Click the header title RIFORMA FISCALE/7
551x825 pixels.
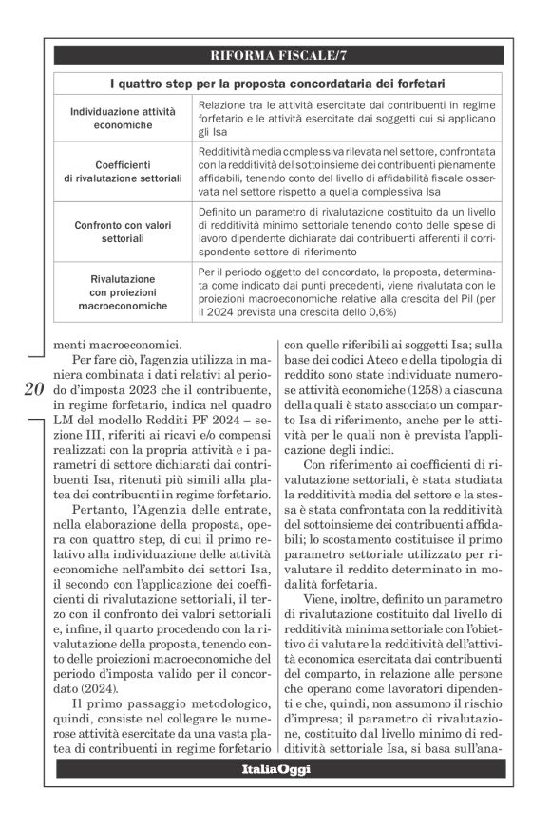(x=275, y=54)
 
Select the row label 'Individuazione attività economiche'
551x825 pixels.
(x=123, y=119)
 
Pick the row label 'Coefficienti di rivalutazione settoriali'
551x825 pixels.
(x=123, y=171)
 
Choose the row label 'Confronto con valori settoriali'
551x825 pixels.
(x=123, y=233)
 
